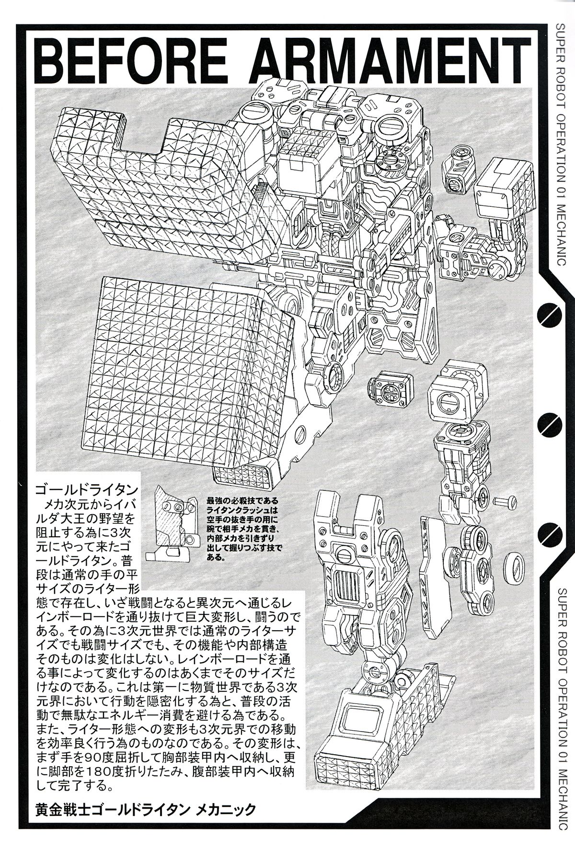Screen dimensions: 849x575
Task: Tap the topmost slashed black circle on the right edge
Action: click(548, 314)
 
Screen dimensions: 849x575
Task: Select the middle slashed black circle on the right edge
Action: click(548, 422)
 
